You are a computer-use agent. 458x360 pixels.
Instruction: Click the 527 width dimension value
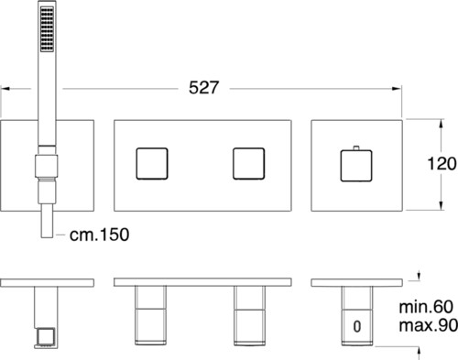coord(203,88)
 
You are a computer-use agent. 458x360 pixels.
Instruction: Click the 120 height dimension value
coord(442,164)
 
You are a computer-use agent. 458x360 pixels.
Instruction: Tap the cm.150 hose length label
coord(99,235)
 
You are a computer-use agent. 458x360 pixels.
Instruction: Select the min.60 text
coord(426,307)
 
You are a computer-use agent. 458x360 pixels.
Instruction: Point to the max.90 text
coord(428,325)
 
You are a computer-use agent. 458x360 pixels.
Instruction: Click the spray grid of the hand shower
coord(47,29)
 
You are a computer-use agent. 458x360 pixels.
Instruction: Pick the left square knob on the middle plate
coord(152,164)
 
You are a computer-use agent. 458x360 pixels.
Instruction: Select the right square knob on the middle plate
coord(248,164)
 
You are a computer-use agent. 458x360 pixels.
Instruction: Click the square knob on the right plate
coord(356,166)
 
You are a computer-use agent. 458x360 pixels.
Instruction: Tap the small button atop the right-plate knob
coord(356,147)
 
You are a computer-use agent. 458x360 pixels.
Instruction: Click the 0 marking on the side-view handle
coord(357,326)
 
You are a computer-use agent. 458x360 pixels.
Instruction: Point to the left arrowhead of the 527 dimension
coord(5,89)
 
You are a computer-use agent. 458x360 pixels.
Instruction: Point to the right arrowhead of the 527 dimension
coord(397,89)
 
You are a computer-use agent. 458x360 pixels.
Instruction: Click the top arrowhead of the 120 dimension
coord(441,124)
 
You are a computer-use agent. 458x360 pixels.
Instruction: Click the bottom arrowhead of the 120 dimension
coord(441,205)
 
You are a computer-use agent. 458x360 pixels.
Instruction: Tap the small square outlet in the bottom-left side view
coord(46,337)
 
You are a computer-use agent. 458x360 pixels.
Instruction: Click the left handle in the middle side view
coord(150,315)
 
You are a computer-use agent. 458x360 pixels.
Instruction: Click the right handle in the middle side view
coord(249,315)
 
